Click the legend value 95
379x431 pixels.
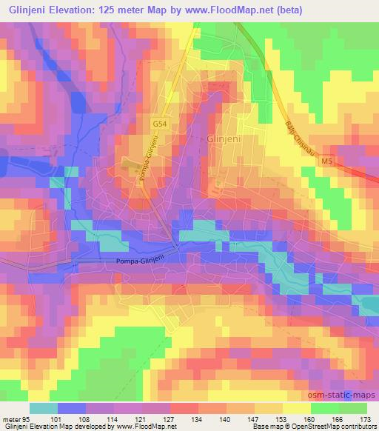(x=25, y=419)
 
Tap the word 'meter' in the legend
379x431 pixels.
(x=10, y=419)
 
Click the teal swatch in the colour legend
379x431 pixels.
(x=44, y=409)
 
